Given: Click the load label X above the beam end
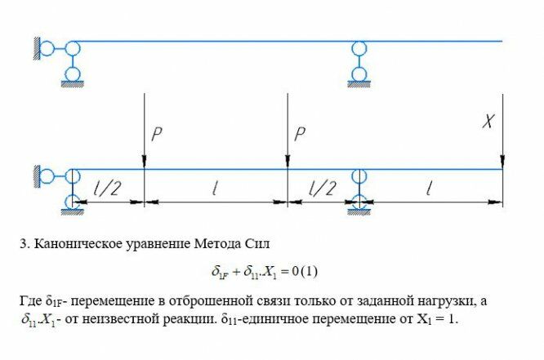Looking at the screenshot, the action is (489, 122).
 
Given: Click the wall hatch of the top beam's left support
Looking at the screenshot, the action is (35, 47).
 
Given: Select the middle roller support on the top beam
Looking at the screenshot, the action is (358, 61).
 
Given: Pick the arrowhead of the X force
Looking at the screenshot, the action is (502, 164).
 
